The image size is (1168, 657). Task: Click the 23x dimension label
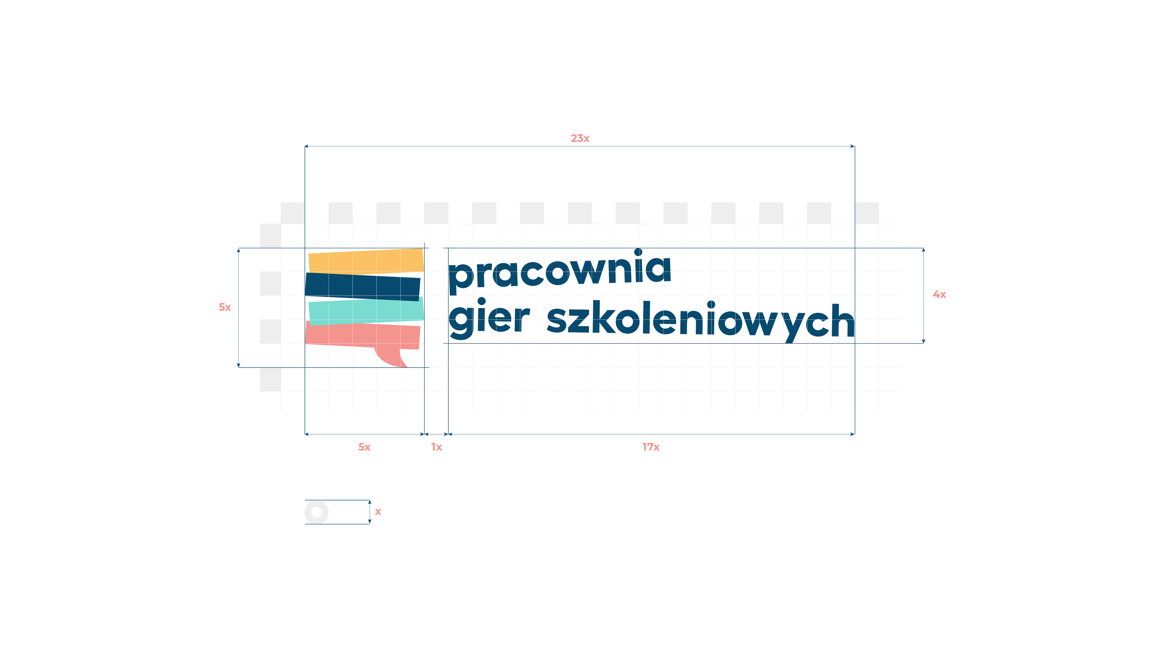tap(580, 138)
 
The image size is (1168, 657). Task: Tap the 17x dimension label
tap(651, 447)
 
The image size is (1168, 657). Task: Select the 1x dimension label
tap(436, 447)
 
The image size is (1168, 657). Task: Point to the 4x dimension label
tap(939, 294)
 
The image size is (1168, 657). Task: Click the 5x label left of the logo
tap(225, 307)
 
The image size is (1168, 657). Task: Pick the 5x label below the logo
tap(364, 447)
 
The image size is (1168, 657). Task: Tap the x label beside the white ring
tap(378, 511)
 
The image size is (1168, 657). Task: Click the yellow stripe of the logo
tap(365, 262)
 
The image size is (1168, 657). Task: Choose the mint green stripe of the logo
tap(365, 311)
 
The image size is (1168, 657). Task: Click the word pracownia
tap(559, 271)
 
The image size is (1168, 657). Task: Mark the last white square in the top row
tap(867, 213)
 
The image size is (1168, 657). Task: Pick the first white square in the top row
tap(292, 213)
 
